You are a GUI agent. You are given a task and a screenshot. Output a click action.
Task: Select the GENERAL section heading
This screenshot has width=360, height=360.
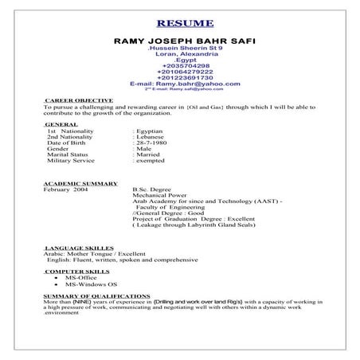[x=61, y=125]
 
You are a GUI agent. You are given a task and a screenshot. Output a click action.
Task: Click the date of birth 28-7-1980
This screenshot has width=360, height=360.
[x=150, y=143]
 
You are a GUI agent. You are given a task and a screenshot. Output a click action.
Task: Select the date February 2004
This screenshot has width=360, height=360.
[x=66, y=191]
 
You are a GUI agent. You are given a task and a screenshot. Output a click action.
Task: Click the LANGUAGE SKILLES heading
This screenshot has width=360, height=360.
[x=79, y=248]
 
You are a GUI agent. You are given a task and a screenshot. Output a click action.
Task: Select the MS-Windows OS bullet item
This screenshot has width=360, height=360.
[x=92, y=284]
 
